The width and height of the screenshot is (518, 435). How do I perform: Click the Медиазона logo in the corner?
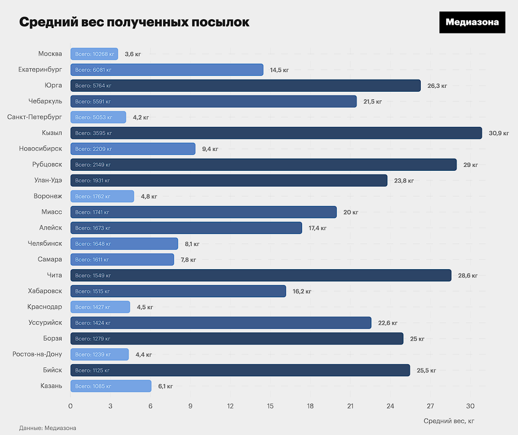pos(472,22)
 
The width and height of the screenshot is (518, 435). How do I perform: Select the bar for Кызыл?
pos(276,133)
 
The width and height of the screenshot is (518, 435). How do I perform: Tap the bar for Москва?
pos(94,54)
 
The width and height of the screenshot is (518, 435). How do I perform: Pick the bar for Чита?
pos(260,275)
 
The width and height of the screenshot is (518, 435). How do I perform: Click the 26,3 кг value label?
pos(437,86)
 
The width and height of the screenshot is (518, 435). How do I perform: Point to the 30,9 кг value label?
pos(499,133)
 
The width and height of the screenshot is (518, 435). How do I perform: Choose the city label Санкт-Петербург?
pos(35,117)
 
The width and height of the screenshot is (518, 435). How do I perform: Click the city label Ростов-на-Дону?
pos(37,354)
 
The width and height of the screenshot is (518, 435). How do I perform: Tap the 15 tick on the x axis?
pos(270,406)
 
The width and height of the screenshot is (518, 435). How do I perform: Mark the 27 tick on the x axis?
pos(430,406)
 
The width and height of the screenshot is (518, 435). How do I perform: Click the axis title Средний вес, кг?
pos(449,421)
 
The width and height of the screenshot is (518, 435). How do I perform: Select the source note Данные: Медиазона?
pos(48,428)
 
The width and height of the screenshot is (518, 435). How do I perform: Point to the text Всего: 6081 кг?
pos(93,70)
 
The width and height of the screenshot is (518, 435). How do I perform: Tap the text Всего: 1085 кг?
pos(93,386)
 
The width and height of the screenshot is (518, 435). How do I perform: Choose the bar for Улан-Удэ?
pos(229,180)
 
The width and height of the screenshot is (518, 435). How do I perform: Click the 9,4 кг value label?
pos(210,149)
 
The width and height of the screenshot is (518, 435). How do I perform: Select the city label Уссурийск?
pos(45,323)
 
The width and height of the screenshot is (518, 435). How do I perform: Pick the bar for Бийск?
pos(240,370)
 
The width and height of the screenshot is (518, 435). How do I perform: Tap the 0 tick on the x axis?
pos(70,406)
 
